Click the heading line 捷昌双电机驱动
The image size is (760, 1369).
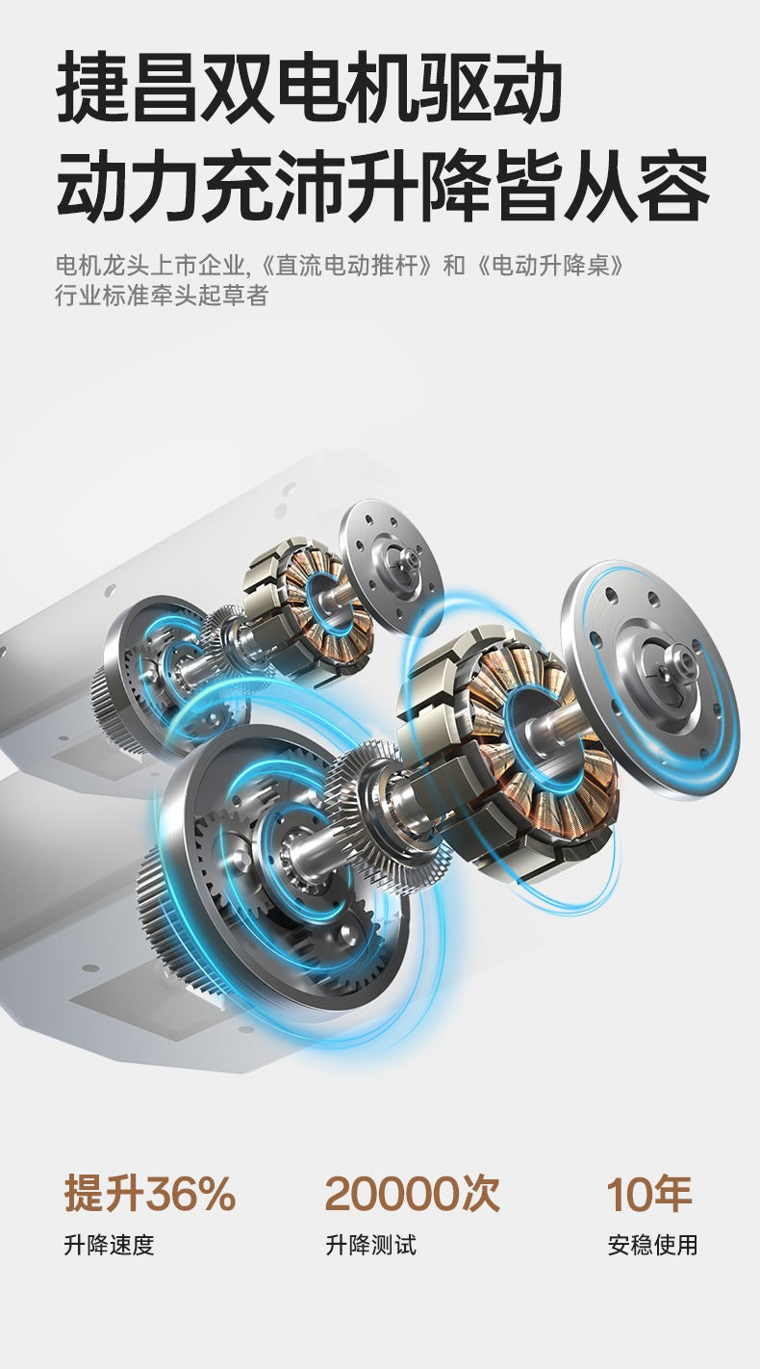pyautogui.click(x=310, y=87)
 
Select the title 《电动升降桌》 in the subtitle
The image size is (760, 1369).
pyautogui.click(x=549, y=266)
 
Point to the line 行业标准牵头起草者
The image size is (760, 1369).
pyautogui.click(x=162, y=296)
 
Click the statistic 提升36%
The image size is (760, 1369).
pyautogui.click(x=150, y=1194)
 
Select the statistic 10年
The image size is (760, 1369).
pyautogui.click(x=648, y=1194)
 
